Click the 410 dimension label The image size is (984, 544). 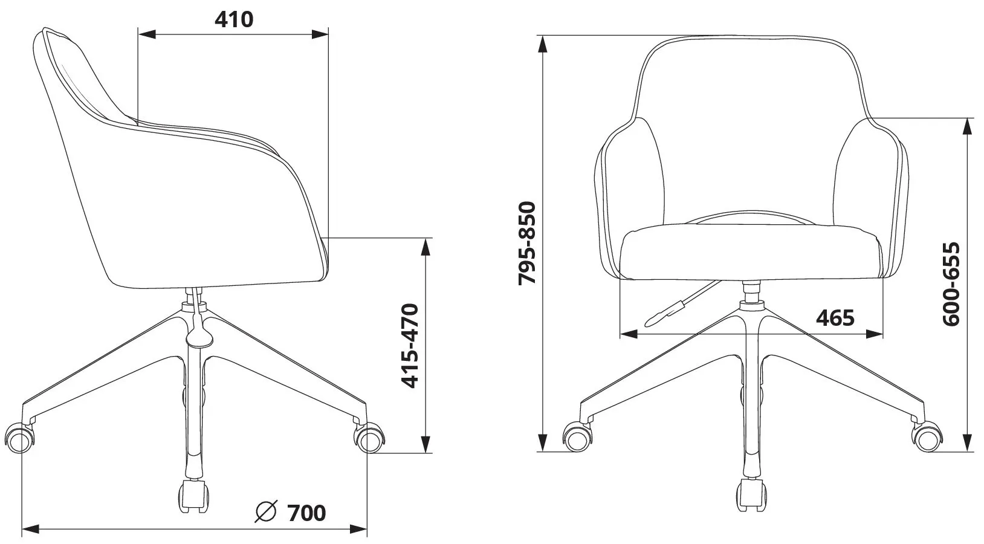click(234, 19)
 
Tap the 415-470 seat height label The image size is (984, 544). click(410, 345)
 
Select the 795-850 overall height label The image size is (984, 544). click(527, 243)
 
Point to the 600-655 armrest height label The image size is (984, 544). click(951, 284)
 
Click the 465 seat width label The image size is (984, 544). click(835, 318)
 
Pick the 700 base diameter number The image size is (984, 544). click(306, 513)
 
